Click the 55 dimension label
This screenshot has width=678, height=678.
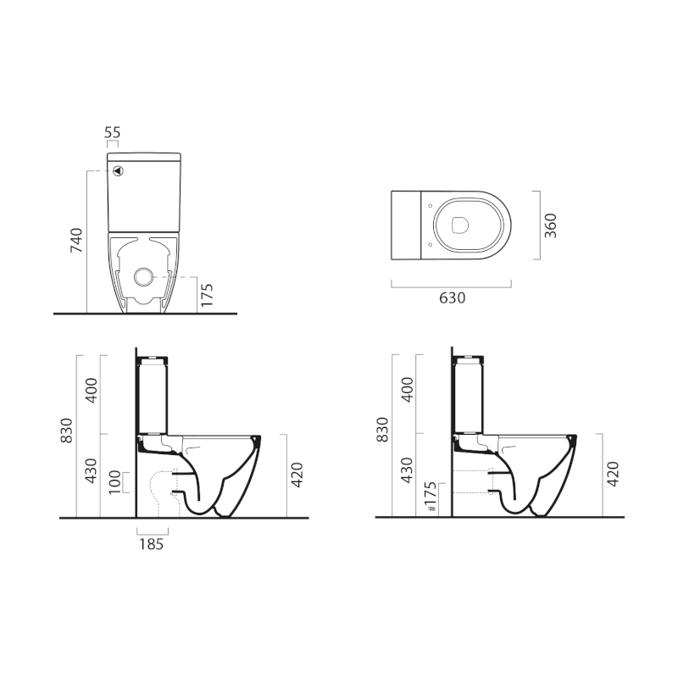point(113,133)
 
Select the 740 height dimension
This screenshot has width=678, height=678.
point(76,241)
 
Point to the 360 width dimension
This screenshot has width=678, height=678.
point(550,225)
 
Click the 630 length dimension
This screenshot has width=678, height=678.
point(451,297)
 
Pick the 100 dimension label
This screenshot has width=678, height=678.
point(115,482)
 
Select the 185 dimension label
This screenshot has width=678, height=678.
point(153,544)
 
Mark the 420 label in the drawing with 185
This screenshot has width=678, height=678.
point(297,476)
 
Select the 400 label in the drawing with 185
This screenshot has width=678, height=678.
point(92,389)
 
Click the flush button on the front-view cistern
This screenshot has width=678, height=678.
point(119,170)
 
